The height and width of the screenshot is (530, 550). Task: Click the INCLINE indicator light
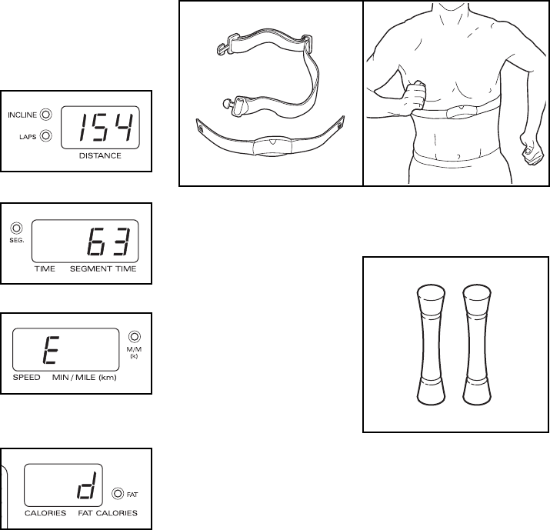[x=46, y=115]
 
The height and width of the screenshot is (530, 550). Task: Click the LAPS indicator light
[x=46, y=136]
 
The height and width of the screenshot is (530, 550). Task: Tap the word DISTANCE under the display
[x=100, y=155]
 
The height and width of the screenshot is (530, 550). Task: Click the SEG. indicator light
[x=15, y=228]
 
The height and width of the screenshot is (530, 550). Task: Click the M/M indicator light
[x=135, y=336]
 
